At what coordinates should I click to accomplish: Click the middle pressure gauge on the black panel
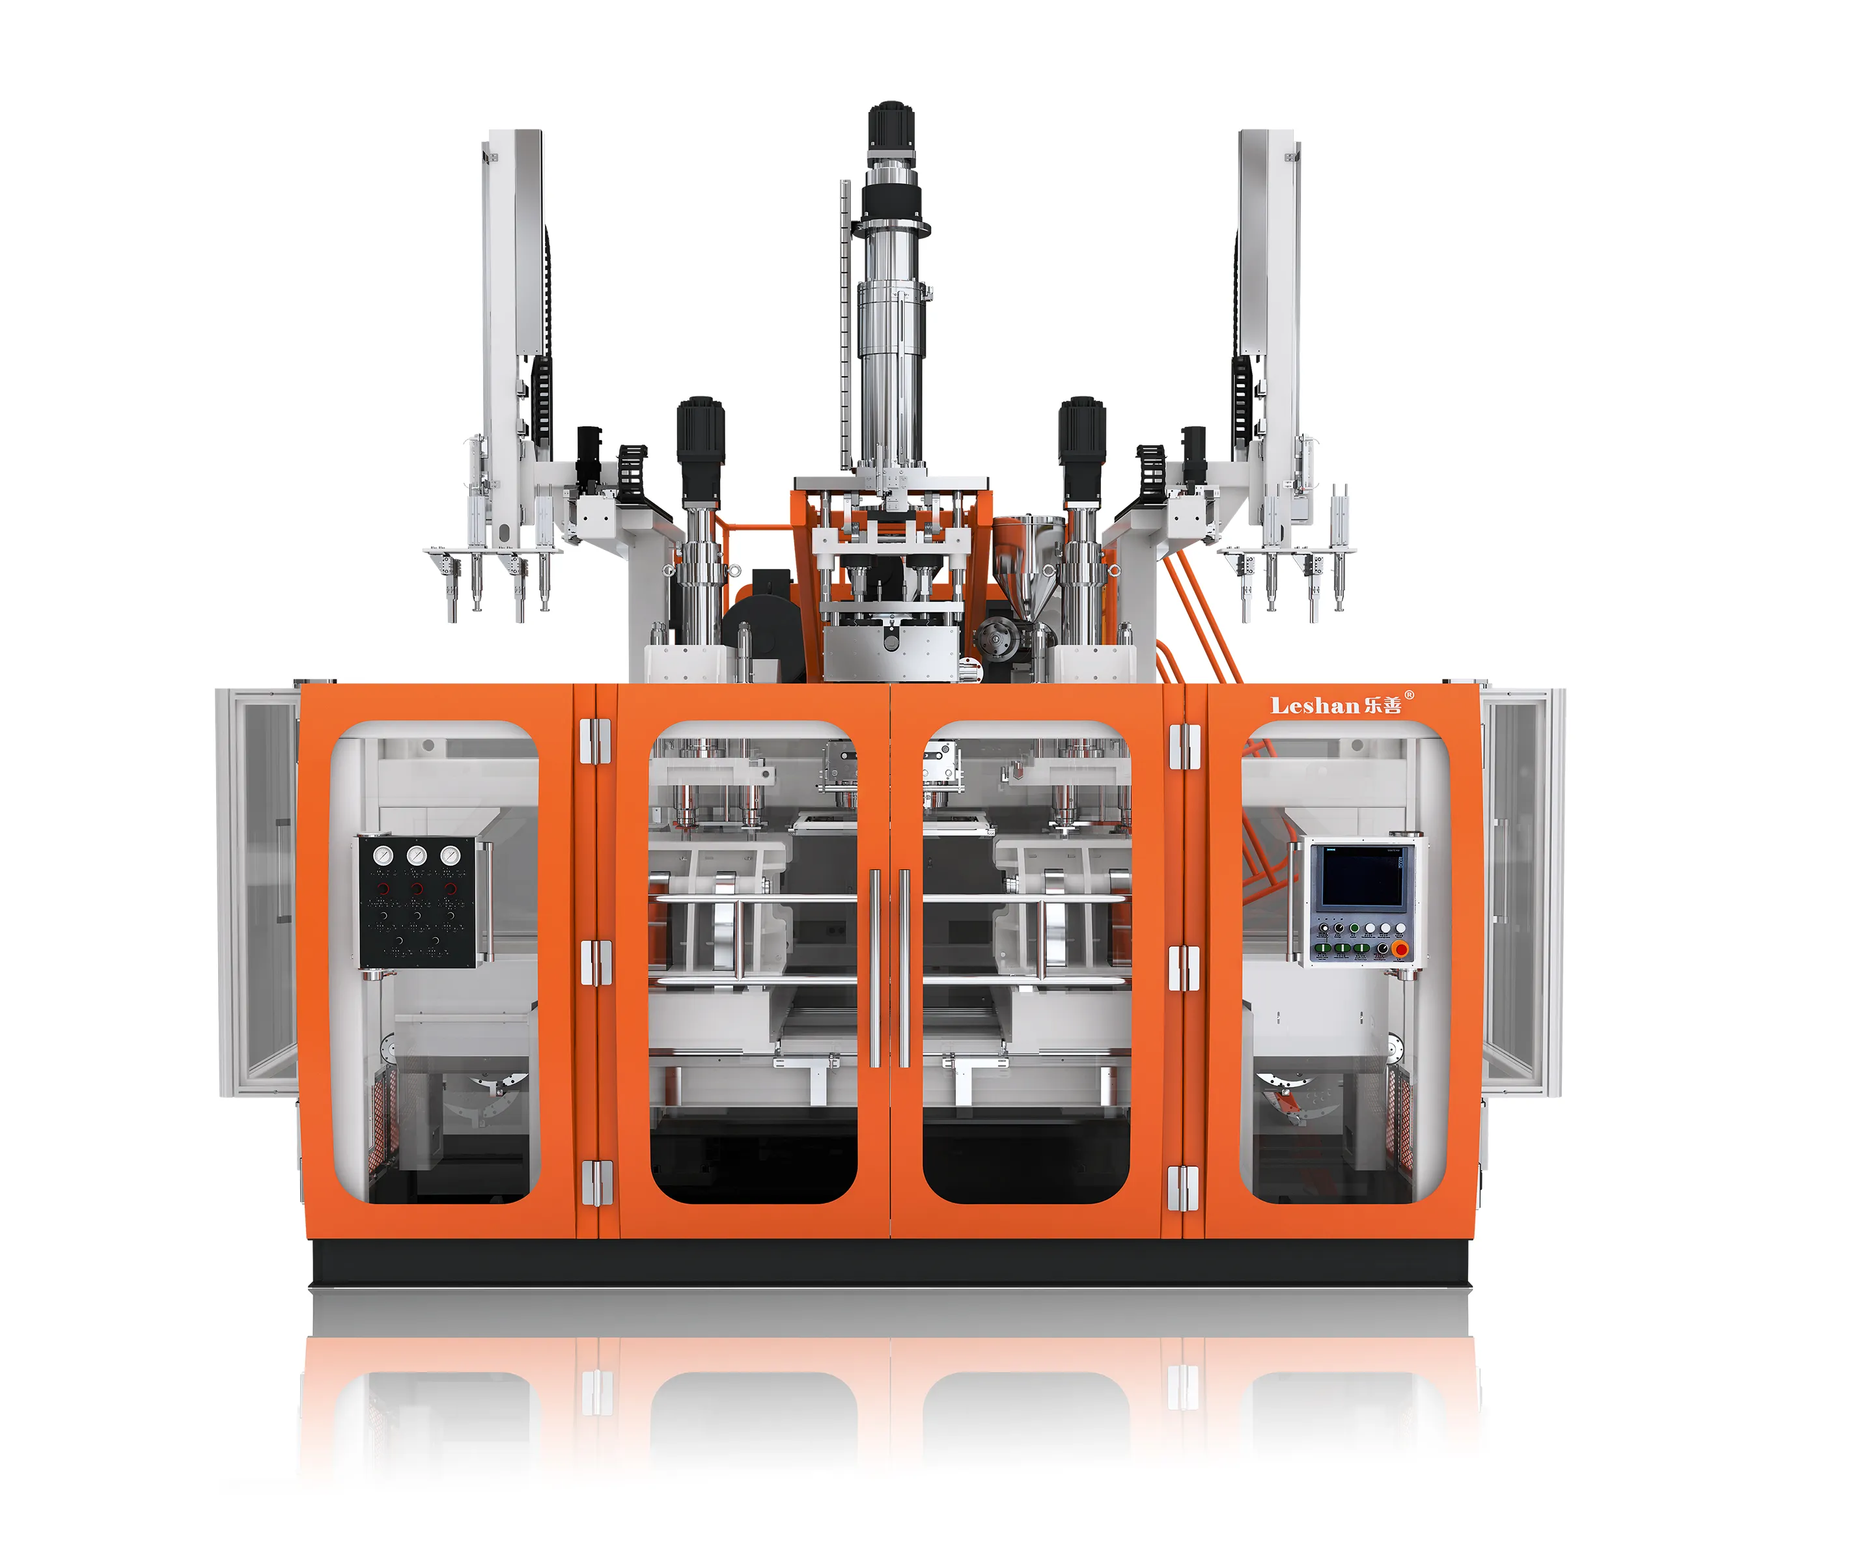(x=416, y=856)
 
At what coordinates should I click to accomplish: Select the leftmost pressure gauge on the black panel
(x=383, y=856)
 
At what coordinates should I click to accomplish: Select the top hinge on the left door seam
(x=595, y=741)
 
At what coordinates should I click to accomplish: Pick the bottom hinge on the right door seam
(x=1183, y=1188)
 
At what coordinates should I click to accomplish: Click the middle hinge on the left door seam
(x=595, y=963)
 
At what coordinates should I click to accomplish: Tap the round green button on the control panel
(x=1355, y=928)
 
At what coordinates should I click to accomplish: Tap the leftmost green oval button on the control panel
(x=1323, y=948)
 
